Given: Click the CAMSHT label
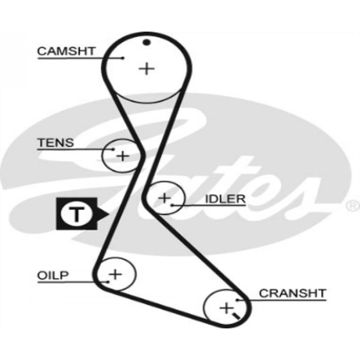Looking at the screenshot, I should click(66, 51).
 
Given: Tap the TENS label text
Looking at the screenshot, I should click(56, 142).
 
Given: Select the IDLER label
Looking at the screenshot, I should click(225, 199).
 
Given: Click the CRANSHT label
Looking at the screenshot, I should click(293, 293).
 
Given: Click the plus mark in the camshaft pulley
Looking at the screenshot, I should click(147, 69).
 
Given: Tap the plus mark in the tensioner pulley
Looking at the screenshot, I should click(123, 155).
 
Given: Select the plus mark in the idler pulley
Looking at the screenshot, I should click(164, 198).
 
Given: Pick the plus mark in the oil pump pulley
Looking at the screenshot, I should click(115, 274).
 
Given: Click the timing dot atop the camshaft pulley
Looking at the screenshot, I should click(147, 42).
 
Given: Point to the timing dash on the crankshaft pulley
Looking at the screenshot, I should click(237, 316).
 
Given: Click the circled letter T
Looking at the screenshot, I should click(76, 214).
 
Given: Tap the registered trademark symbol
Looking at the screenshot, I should click(352, 206).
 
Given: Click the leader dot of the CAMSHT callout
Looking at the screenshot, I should click(123, 58).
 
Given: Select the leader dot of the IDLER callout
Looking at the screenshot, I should click(172, 205).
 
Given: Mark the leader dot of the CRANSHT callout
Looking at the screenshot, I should click(238, 300).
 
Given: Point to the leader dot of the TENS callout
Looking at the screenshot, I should click(114, 149).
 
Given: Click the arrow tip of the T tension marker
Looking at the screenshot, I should click(109, 214).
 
